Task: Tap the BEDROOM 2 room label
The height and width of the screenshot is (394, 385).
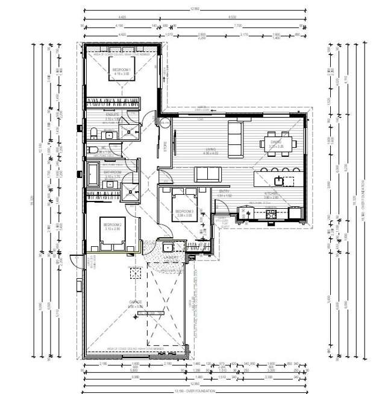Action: (113, 224)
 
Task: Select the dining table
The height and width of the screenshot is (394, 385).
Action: (278, 143)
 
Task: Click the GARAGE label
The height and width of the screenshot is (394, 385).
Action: (135, 302)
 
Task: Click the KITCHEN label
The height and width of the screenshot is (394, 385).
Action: (271, 193)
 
